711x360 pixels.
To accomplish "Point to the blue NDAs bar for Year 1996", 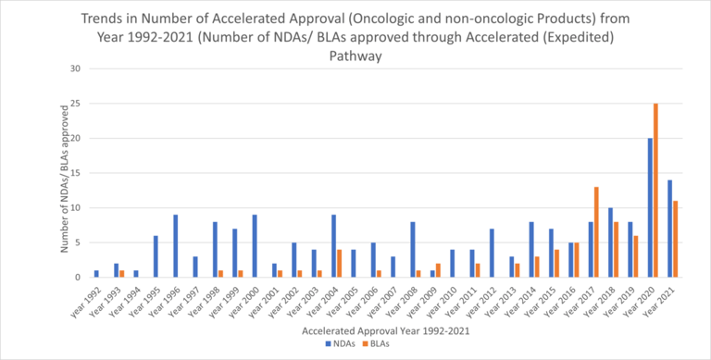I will coord(175,246).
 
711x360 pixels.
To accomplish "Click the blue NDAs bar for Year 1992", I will coord(96,274).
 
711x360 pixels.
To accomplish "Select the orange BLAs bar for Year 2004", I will coord(339,263).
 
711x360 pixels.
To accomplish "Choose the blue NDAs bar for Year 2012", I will coord(493,253).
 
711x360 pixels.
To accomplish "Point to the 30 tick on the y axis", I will coord(77,68).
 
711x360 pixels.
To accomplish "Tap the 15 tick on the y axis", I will coord(77,173).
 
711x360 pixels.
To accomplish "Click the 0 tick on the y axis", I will coord(79,277).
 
